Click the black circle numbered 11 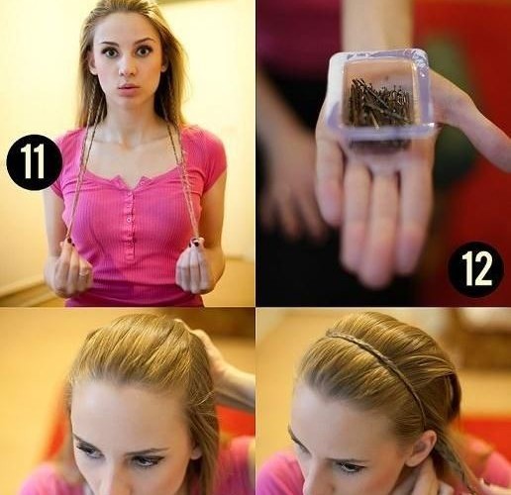pyautogui.click(x=35, y=162)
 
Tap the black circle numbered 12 pyautogui.click(x=475, y=269)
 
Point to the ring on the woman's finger pyautogui.click(x=84, y=273)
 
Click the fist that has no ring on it pyautogui.click(x=194, y=269)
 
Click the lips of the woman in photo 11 pyautogui.click(x=130, y=87)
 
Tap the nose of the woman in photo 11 pyautogui.click(x=127, y=67)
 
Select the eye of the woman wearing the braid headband pyautogui.click(x=351, y=467)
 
